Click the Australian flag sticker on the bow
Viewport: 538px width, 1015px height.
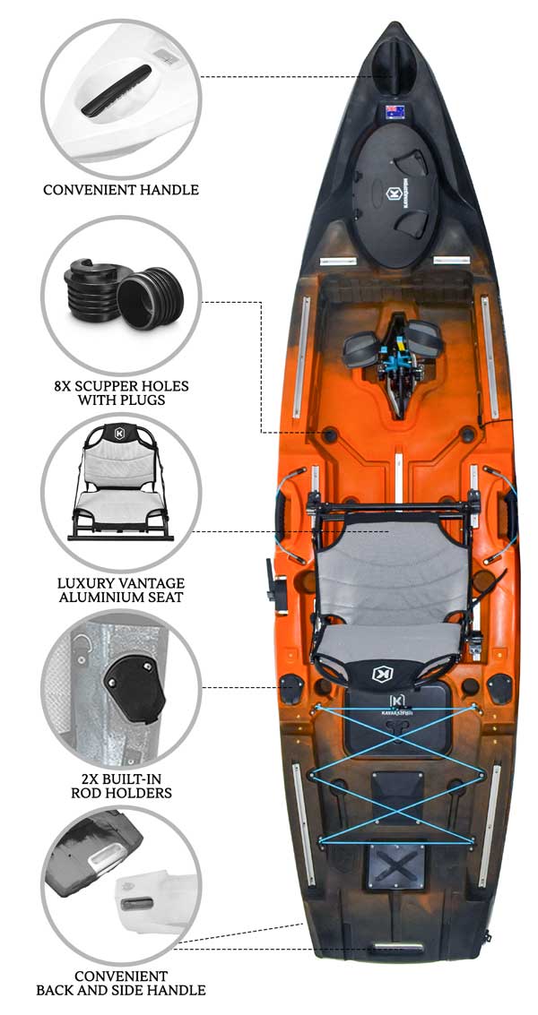pos(395,112)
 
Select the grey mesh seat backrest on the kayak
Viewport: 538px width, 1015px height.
pos(394,562)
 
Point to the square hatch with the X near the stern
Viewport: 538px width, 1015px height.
pos(396,864)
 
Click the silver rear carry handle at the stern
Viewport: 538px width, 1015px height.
pos(398,947)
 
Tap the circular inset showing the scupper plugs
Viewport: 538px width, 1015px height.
pos(121,295)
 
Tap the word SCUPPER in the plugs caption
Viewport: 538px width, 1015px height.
pos(104,387)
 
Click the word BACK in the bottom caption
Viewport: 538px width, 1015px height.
pos(54,990)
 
